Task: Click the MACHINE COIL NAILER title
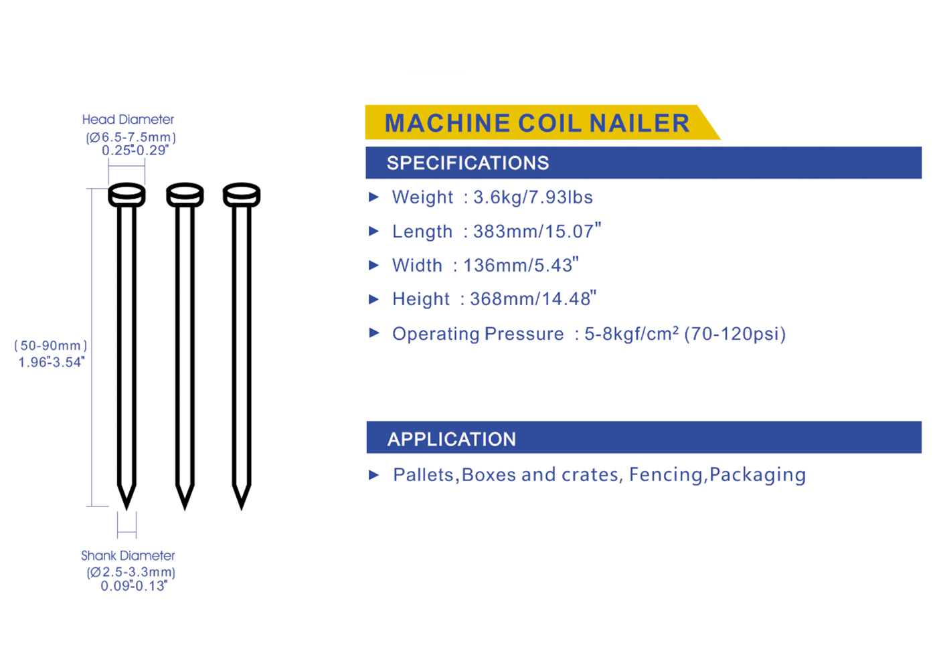537,123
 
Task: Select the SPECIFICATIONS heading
468,163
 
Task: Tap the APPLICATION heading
452,439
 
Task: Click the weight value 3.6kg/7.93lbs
533,197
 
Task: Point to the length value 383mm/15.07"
537,231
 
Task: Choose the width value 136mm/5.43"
521,265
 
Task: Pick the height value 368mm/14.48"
533,298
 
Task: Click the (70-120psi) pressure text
735,334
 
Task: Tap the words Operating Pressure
478,334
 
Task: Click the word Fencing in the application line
665,474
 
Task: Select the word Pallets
423,475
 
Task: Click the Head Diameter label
128,120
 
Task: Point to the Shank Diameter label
128,556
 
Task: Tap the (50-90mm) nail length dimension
51,346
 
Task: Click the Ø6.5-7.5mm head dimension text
131,137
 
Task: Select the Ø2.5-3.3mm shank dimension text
131,572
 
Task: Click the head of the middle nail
185,195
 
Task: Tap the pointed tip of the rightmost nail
242,510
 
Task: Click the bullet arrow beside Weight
373,197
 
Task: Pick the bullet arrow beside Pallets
373,475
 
